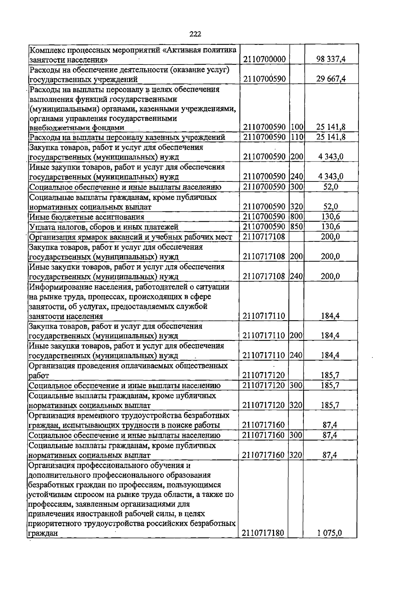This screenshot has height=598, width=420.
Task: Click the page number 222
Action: [195, 34]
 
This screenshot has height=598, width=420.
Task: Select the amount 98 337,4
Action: [331, 59]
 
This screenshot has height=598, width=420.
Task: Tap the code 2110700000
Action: [264, 59]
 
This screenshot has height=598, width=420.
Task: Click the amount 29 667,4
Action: [331, 79]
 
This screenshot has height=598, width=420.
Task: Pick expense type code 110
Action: [297, 137]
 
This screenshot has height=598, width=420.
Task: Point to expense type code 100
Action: [297, 127]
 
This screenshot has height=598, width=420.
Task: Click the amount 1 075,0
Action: [329, 533]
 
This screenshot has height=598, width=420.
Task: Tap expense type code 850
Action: [297, 227]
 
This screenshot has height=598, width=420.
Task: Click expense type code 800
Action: [297, 217]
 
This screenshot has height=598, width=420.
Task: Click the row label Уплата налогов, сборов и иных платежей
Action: [104, 227]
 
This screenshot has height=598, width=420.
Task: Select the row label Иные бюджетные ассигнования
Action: [86, 217]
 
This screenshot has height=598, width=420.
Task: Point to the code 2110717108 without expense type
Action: [264, 237]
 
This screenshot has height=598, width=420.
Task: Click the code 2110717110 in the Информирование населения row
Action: [264, 316]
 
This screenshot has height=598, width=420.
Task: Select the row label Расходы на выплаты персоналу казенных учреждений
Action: [127, 137]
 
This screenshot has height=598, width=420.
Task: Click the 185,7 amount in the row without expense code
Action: [330, 376]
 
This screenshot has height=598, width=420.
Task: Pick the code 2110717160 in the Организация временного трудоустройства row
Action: [263, 425]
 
